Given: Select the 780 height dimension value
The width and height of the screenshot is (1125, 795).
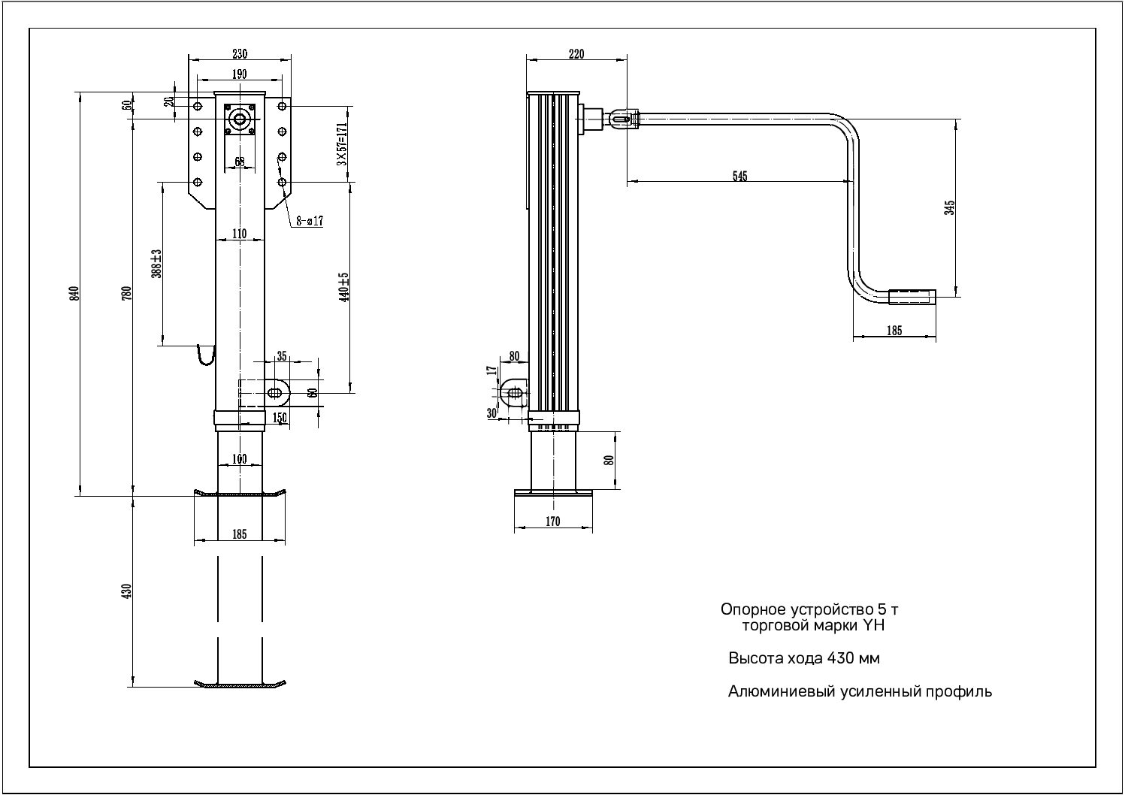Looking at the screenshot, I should pos(127,293).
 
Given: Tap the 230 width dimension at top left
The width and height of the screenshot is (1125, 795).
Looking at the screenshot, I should pos(239,54).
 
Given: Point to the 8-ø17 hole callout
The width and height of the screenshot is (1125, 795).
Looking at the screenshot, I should pos(309,221).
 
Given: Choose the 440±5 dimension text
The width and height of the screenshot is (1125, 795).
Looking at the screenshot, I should pos(345,286).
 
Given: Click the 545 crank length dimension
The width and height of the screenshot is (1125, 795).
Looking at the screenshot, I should pos(739,176).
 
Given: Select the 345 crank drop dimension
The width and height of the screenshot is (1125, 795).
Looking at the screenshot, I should pos(950,207).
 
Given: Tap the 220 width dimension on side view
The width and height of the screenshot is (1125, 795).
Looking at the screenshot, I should pos(576,54).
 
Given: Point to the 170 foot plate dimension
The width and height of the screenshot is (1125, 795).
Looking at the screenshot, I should pos(553,522).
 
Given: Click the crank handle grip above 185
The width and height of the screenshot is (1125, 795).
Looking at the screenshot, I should pos(912,297).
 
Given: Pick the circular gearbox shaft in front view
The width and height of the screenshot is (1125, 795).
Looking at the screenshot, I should pos(240,119).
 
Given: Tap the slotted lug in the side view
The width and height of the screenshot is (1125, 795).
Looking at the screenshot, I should pos(515,393).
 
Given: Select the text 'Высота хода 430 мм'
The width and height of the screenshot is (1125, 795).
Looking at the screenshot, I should pos(803,659).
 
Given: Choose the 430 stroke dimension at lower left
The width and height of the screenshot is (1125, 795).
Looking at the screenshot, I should pos(127,591).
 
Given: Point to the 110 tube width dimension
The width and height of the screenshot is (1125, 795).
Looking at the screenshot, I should pos(239,234).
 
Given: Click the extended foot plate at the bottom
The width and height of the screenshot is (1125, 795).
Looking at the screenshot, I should pos(240,684).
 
